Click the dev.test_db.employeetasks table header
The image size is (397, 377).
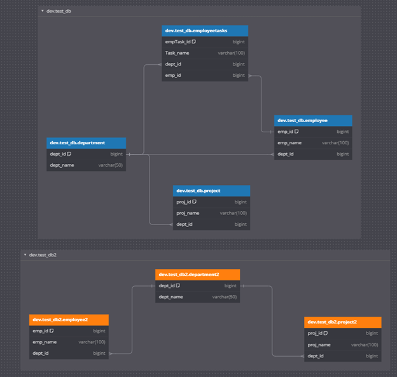click(x=205, y=31)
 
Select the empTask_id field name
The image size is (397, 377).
click(x=178, y=42)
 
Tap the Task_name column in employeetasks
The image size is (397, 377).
click(x=178, y=53)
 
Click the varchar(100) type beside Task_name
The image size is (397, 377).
click(x=231, y=53)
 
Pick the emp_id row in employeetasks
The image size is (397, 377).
click(x=205, y=76)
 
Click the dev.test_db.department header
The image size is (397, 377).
click(x=86, y=143)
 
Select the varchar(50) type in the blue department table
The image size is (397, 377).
click(x=111, y=165)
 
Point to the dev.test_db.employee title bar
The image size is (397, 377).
click(x=313, y=121)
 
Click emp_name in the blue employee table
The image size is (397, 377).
click(x=289, y=143)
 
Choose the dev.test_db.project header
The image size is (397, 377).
click(x=211, y=191)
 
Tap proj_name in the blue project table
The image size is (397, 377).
click(x=188, y=213)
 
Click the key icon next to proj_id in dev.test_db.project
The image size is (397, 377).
click(x=194, y=202)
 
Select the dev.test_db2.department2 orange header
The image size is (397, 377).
click(x=197, y=275)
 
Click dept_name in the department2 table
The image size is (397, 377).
click(x=171, y=297)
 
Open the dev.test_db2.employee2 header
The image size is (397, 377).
click(x=69, y=320)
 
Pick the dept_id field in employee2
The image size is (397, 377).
click(x=41, y=353)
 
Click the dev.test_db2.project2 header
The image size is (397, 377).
click(x=342, y=322)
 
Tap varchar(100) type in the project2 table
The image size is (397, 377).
click(x=365, y=345)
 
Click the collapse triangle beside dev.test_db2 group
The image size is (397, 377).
click(x=25, y=255)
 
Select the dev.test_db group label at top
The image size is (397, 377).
click(x=59, y=11)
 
